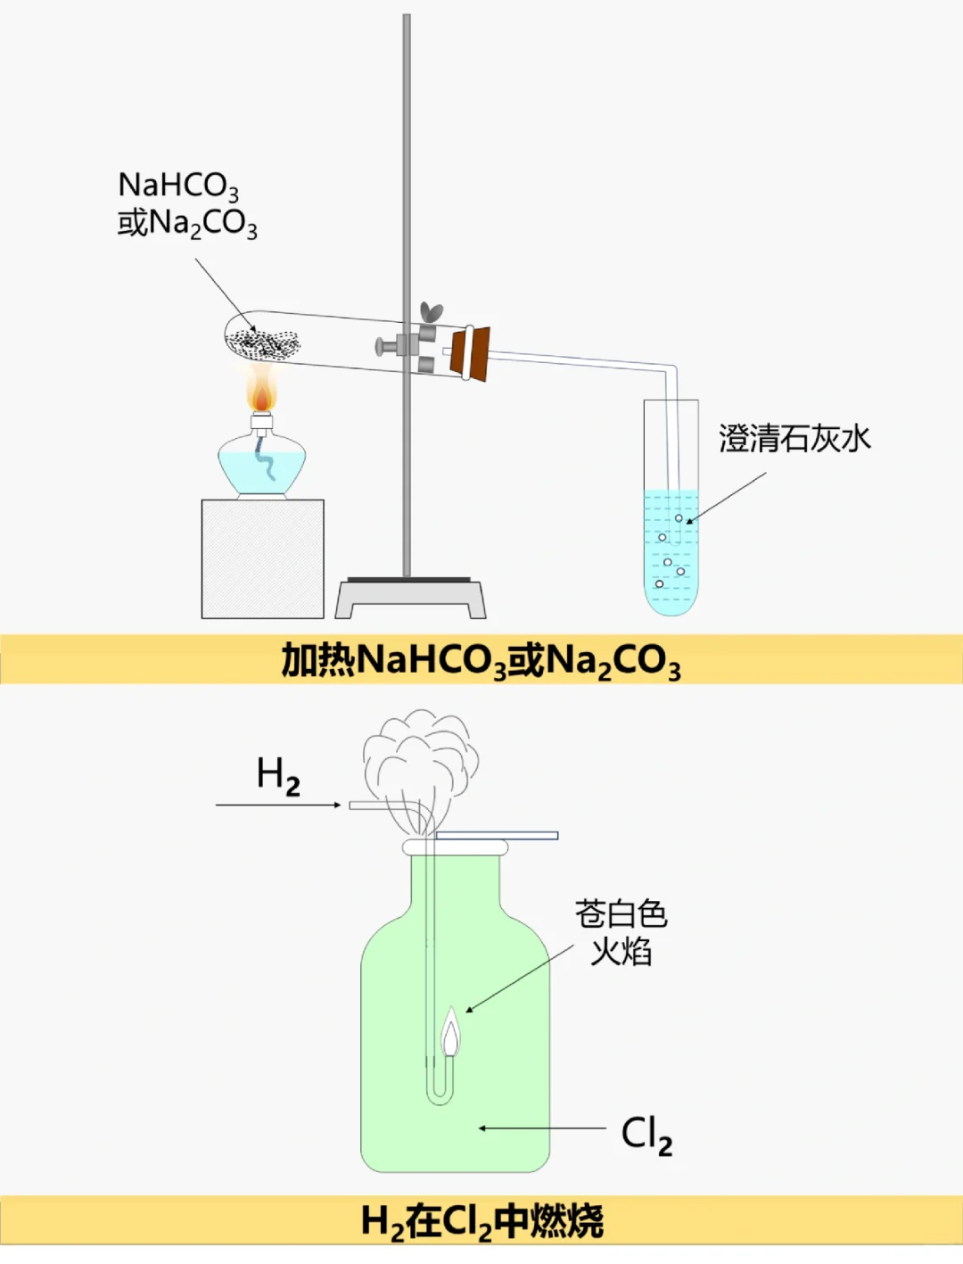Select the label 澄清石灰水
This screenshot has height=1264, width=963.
[794, 439]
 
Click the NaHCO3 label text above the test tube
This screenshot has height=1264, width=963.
[178, 186]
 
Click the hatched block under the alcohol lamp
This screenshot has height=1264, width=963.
[262, 559]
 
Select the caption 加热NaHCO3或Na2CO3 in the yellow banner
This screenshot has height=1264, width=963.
[481, 661]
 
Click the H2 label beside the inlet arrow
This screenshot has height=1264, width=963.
[278, 776]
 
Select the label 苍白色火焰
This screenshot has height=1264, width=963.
[621, 933]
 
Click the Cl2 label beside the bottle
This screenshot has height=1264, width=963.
[646, 1135]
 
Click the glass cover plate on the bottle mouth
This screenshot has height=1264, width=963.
[496, 836]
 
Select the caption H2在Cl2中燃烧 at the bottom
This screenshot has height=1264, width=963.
[481, 1222]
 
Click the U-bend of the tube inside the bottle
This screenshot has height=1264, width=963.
[440, 1094]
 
